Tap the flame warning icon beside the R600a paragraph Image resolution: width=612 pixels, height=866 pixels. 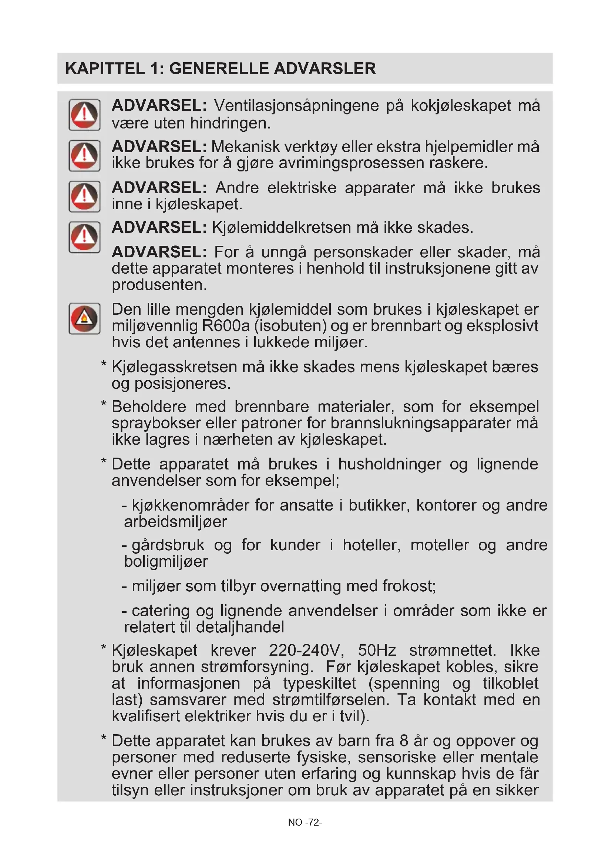(x=84, y=318)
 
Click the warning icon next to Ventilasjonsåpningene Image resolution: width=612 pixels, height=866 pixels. (x=84, y=115)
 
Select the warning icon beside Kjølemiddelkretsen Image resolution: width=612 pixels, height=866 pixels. (x=84, y=237)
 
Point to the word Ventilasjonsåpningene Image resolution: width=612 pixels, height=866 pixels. (x=296, y=106)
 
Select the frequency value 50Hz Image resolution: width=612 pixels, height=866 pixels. (x=377, y=650)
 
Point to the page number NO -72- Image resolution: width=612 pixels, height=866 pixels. (x=305, y=822)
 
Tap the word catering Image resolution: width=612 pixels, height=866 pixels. (x=161, y=611)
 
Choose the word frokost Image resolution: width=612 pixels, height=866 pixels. (x=409, y=586)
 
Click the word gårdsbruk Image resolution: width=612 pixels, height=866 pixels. (x=168, y=545)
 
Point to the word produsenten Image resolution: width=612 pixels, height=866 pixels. (x=159, y=285)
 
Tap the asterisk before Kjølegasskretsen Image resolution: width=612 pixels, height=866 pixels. (x=104, y=364)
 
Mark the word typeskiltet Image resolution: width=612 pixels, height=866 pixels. (x=319, y=683)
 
